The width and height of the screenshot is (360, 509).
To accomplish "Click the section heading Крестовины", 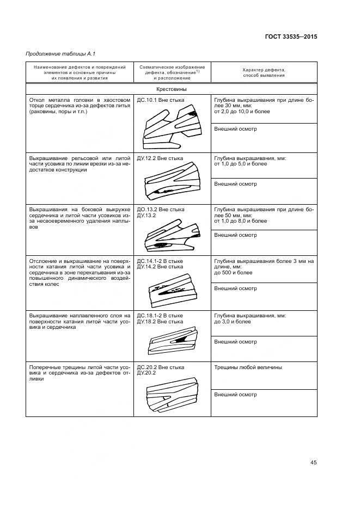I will point(172,89).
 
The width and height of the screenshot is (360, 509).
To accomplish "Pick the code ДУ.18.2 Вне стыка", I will point(160,321).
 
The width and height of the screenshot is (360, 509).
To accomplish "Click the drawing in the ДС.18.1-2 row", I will point(171,342).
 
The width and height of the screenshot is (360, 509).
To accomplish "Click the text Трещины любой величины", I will point(248,367).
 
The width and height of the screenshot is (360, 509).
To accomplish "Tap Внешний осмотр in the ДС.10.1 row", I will point(235,129).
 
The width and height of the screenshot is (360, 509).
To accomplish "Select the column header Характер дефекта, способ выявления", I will point(264,72).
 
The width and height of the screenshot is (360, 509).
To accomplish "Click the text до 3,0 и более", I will point(233,321).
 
